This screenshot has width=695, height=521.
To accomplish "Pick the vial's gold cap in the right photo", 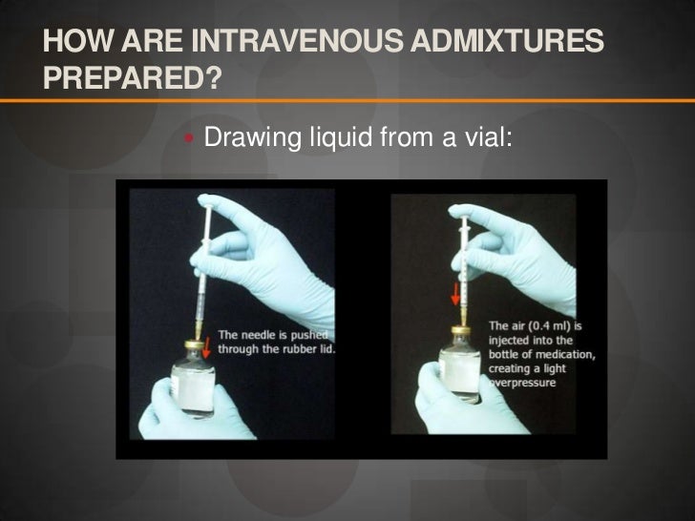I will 461,331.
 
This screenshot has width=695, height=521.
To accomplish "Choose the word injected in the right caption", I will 511,341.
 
